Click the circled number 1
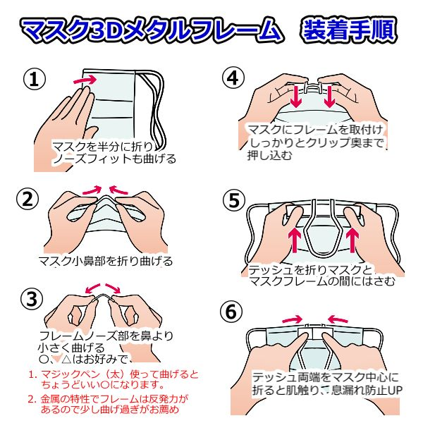click(35, 79)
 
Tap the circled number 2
click(27, 200)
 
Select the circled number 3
click(32, 299)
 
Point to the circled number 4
click(233, 78)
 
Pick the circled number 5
click(234, 200)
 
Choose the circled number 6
click(231, 312)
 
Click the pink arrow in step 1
click(85, 80)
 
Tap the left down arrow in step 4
click(297, 97)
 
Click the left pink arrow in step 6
click(292, 319)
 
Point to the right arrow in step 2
click(118, 190)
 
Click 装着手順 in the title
click(349, 29)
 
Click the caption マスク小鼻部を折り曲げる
click(105, 261)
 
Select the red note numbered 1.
click(114, 379)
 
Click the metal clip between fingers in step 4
click(312, 86)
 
